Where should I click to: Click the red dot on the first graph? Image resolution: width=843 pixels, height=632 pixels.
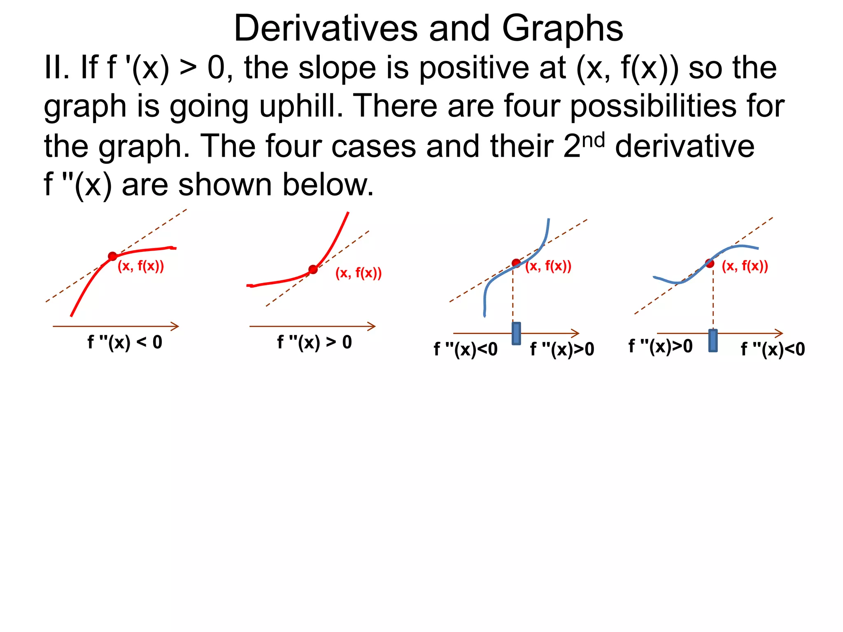pos(112,256)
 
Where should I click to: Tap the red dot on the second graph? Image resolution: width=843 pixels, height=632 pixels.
pos(313,270)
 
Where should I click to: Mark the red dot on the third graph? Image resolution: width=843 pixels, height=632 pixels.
pos(516,263)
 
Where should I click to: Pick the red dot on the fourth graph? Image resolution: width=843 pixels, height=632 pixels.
pos(710,263)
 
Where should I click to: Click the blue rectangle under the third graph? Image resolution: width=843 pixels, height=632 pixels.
pos(516,333)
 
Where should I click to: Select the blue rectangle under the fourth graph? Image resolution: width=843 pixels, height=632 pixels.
pos(713,340)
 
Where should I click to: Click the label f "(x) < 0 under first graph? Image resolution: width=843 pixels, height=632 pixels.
pos(125,342)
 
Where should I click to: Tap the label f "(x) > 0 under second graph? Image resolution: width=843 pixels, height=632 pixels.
pos(314,342)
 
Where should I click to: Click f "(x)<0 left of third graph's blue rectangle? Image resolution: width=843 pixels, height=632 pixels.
pos(466,349)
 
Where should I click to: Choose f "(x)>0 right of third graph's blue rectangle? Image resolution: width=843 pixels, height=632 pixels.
pos(562,349)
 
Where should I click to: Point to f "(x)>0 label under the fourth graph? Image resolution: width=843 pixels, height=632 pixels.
pos(660,346)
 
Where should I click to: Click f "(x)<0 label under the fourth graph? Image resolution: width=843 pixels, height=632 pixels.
pos(773,349)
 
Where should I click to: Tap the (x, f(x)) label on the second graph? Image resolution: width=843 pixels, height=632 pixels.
pos(359,273)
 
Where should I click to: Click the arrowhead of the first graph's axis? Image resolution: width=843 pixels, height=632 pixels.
pos(176,326)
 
